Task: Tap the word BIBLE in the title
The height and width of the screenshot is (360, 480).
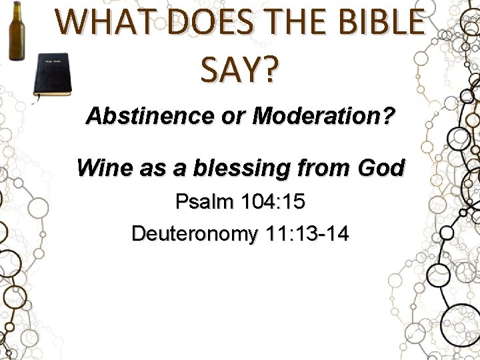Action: pyautogui.click(x=378, y=21)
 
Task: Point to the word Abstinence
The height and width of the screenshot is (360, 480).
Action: pyautogui.click(x=139, y=117)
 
